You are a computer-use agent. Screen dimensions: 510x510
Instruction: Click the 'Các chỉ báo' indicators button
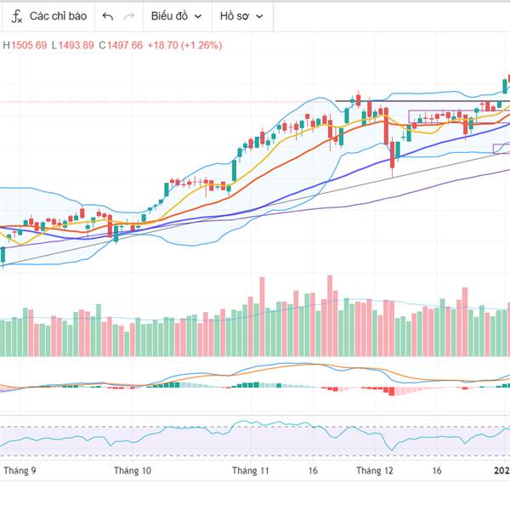coord(57,16)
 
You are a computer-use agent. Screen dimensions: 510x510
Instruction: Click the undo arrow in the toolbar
coord(107,16)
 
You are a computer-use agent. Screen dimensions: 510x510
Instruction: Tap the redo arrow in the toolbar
coord(129,16)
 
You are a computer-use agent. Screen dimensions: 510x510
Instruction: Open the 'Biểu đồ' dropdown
coord(176,16)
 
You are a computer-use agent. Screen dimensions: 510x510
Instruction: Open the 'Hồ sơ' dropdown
coord(241,16)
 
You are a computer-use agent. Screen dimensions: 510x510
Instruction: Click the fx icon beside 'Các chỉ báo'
coord(17,16)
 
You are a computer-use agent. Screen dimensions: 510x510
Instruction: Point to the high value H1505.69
coord(25,45)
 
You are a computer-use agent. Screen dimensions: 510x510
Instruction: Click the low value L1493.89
coord(72,45)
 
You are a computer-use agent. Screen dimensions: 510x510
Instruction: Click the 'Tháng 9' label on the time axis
coord(20,470)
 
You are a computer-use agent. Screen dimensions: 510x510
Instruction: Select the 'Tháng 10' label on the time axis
coord(132,470)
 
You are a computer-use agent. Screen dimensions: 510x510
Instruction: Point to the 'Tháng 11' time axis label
coord(250,470)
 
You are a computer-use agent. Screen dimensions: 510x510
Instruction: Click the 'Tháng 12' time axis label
coord(375,470)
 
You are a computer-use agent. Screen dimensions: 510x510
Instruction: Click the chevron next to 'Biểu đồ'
coord(198,16)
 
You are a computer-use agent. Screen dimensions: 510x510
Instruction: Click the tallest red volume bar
coord(329,315)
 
